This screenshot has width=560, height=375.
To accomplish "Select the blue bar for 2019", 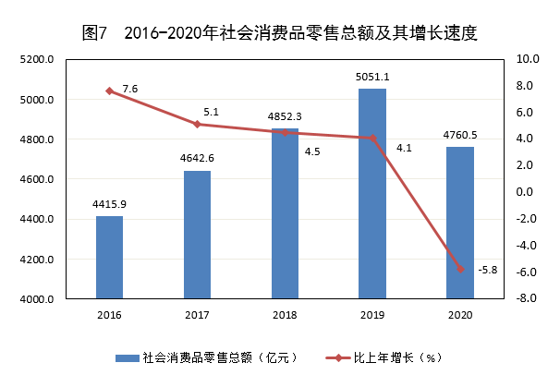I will pyautogui.click(x=372, y=194).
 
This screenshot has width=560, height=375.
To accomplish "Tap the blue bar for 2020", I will pyautogui.click(x=460, y=223).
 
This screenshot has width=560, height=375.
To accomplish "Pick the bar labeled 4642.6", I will pyautogui.click(x=197, y=235).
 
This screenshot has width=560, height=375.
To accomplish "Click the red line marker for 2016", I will pyautogui.click(x=109, y=91).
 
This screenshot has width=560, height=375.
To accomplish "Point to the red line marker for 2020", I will pyautogui.click(x=460, y=269).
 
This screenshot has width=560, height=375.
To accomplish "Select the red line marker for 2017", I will pyautogui.click(x=197, y=124).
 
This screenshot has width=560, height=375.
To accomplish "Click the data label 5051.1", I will pyautogui.click(x=372, y=77).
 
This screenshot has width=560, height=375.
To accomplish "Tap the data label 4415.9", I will pyautogui.click(x=109, y=204).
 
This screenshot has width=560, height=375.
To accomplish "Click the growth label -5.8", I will pyautogui.click(x=488, y=270).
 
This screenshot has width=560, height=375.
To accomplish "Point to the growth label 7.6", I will pyautogui.click(x=129, y=89).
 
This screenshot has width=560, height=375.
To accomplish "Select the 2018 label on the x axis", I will pyautogui.click(x=285, y=315).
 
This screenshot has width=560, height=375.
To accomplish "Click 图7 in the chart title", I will pyautogui.click(x=95, y=33).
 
